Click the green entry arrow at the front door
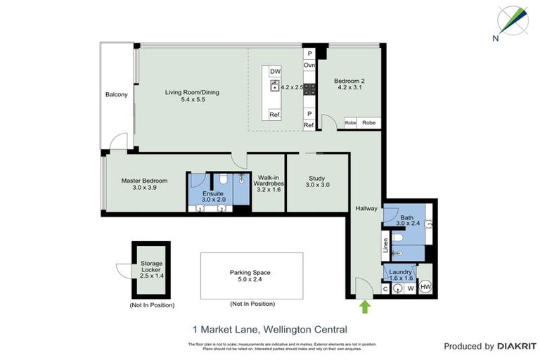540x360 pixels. [364, 307]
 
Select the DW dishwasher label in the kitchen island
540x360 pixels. [275, 71]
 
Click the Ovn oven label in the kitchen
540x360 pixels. [309, 65]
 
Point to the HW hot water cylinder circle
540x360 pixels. [425, 287]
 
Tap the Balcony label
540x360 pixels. [117, 95]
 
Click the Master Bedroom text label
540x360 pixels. [144, 181]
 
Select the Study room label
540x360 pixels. [318, 177]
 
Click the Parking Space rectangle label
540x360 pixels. [250, 272]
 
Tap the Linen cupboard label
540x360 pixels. [385, 245]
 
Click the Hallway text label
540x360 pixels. [366, 208]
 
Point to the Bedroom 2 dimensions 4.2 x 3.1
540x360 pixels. [349, 89]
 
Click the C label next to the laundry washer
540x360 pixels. [386, 288]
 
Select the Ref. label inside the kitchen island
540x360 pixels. [275, 114]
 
